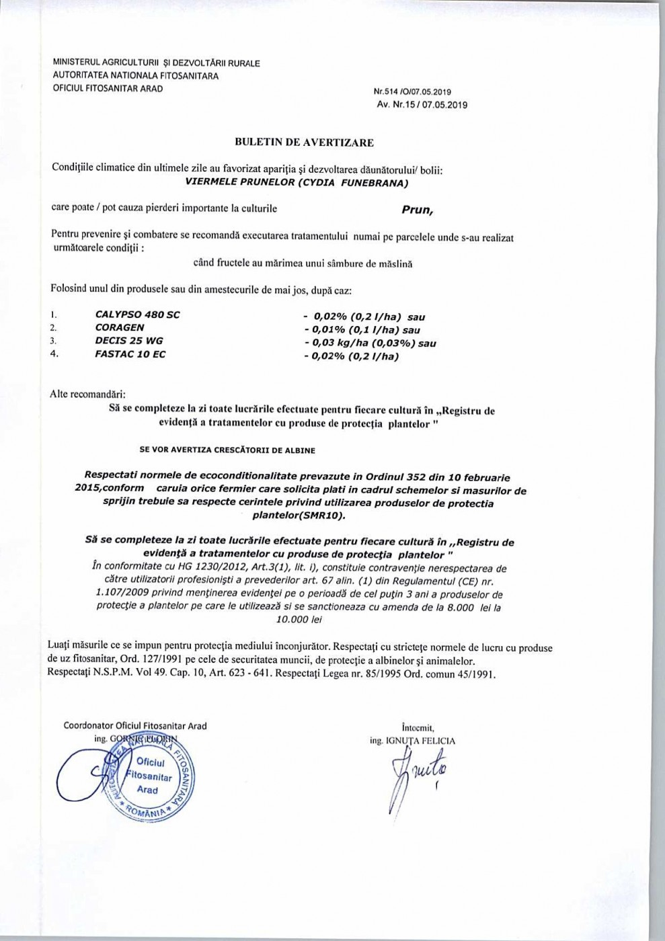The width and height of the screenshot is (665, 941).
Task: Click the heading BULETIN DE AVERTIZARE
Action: tap(304, 142)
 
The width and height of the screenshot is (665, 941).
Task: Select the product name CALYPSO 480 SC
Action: tap(138, 315)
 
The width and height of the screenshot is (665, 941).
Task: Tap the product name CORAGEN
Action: tap(120, 327)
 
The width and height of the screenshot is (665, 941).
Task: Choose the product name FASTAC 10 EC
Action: tap(130, 354)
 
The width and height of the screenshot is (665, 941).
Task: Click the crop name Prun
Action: tap(418, 210)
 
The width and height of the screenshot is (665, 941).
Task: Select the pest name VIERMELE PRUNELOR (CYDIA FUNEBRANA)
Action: tap(297, 181)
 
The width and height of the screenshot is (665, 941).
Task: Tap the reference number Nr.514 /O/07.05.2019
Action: tap(413, 92)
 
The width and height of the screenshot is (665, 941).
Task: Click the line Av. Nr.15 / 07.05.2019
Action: tap(422, 105)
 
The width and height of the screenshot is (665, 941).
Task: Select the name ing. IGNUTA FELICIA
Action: tap(412, 741)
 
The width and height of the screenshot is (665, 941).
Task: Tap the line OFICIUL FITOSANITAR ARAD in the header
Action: tap(108, 88)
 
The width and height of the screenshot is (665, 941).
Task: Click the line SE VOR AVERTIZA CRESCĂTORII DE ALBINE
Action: tap(227, 449)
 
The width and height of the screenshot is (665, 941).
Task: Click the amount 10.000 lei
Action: tap(305, 620)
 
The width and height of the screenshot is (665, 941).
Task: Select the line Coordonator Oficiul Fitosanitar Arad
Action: tap(135, 726)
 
